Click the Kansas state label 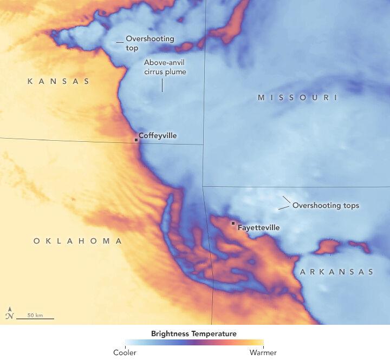58,81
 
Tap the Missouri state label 297,97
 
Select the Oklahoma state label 78,241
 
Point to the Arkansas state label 337,272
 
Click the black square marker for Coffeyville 136,140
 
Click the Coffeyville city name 158,135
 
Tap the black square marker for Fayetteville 233,223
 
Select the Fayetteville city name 259,228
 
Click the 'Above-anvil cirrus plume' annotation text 165,67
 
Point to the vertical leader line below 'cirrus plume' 162,86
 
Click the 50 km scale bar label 35,315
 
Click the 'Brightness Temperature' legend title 194,333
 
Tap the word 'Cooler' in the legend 125,353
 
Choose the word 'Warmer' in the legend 264,353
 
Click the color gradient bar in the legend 194,343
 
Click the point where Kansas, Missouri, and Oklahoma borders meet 204,144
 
